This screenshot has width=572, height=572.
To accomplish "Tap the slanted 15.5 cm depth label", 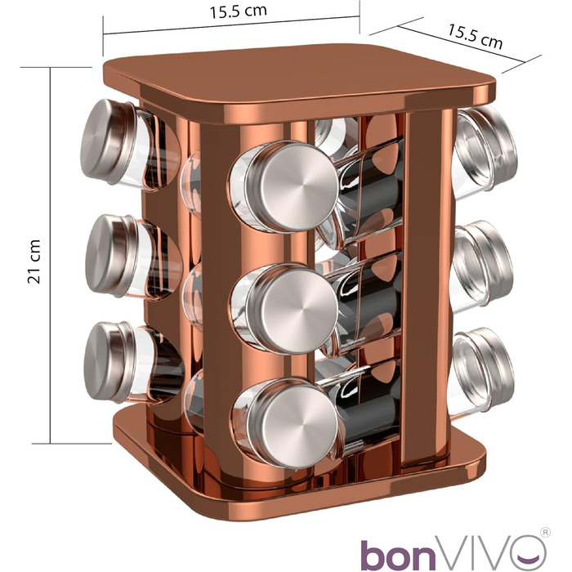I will coord(475,36).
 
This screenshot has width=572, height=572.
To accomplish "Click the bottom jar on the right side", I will coord(482,368).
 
